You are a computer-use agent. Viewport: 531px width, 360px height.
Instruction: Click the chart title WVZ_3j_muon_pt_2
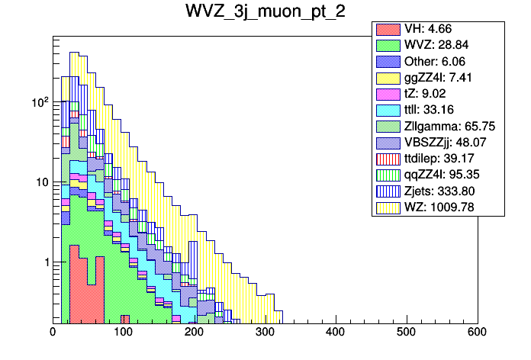tap(265, 12)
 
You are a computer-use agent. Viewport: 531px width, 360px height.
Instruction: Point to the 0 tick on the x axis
tap(53, 333)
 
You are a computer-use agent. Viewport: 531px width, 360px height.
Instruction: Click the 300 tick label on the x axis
tap(265, 333)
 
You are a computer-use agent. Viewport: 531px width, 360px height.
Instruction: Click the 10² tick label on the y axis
tap(37, 101)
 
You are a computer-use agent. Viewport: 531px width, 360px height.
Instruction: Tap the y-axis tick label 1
tap(43, 262)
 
